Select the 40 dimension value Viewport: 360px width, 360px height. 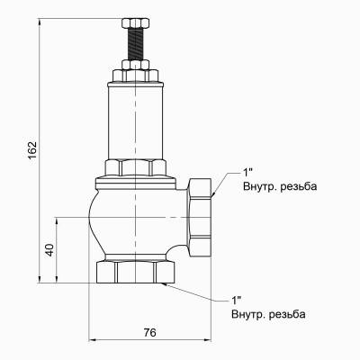[x=49, y=249]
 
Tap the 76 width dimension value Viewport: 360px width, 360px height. [x=150, y=332]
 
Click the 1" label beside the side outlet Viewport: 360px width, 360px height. [x=247, y=172]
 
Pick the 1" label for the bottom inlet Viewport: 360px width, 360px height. [x=237, y=300]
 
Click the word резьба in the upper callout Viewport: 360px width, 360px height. [x=298, y=186]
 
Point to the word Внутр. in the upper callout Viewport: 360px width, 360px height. [x=261, y=186]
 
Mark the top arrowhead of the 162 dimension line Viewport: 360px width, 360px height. [x=41, y=16]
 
